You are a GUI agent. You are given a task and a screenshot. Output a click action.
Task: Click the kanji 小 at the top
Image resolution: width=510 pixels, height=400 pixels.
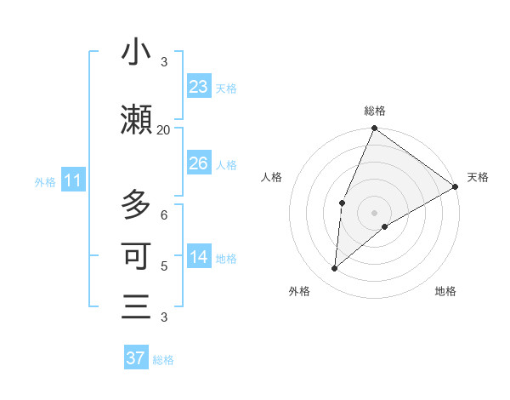coord(136,53)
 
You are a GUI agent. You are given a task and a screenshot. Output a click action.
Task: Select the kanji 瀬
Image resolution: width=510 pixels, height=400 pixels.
coord(136,119)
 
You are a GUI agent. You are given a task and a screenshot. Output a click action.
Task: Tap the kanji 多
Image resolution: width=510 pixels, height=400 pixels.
coord(136,205)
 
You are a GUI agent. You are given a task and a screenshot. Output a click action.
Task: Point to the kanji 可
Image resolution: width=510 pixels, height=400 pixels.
coord(136,255)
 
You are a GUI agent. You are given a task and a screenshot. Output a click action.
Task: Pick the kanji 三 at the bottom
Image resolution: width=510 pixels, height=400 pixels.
coord(136,306)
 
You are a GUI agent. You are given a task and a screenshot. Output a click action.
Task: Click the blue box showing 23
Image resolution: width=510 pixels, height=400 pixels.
coord(199,87)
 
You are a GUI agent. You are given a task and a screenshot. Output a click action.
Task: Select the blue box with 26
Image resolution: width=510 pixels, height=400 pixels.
coord(199,163)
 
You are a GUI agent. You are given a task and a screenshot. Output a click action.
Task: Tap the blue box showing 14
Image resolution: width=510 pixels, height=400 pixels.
coord(199,258)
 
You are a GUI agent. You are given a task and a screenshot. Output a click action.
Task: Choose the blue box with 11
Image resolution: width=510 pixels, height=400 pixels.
coord(72,180)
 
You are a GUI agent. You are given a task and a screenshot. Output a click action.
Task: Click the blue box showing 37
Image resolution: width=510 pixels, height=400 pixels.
coord(136,358)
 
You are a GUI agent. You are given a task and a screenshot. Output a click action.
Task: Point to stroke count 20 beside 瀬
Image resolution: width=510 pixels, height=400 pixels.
coord(163,129)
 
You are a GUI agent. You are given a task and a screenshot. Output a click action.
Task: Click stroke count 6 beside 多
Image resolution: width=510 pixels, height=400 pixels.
coord(164,215)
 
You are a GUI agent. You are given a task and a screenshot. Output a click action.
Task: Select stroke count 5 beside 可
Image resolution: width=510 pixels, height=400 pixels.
coord(164,266)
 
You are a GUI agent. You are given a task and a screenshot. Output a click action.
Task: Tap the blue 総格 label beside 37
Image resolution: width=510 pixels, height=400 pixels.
coord(163,360)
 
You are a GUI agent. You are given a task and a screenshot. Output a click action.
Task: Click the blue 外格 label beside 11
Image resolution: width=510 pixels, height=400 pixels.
coord(45,182)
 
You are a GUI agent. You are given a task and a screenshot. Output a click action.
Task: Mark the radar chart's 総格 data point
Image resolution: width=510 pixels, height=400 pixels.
coord(374,129)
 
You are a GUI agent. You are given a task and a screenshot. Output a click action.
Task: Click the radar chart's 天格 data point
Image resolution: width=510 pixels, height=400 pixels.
coord(455,187)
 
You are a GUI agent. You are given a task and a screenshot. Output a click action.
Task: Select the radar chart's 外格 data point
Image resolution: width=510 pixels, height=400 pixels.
coord(334,268)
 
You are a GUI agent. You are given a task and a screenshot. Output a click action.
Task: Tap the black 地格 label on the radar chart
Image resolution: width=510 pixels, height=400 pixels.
coord(445,291)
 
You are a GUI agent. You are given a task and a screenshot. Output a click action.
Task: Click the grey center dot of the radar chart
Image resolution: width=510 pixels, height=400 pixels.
coord(374,212)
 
